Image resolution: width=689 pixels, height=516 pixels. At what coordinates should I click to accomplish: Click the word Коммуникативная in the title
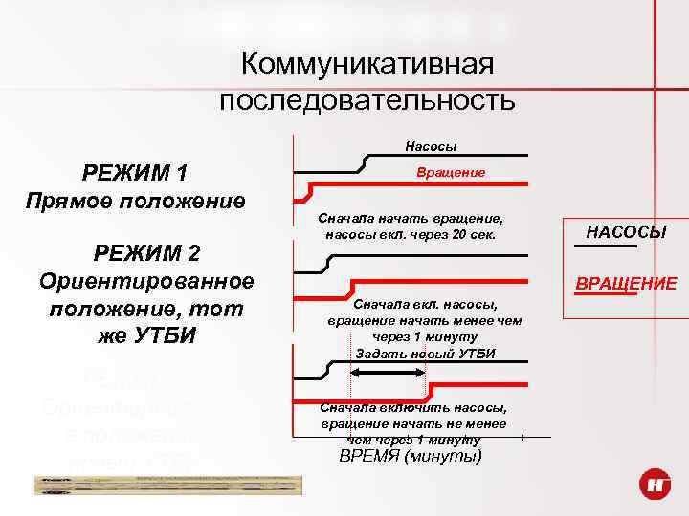[x=367, y=65]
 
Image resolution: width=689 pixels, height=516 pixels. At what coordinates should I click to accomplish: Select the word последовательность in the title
[x=367, y=99]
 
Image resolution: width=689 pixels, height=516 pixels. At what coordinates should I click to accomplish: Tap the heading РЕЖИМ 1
[x=135, y=173]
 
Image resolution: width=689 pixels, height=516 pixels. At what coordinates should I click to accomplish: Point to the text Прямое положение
[x=135, y=202]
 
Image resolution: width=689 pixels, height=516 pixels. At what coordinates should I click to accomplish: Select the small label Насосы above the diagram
[x=431, y=146]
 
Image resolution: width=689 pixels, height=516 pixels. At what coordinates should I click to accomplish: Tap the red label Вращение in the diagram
[x=451, y=172]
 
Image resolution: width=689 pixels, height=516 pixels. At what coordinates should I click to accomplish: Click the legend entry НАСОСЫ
[x=626, y=232]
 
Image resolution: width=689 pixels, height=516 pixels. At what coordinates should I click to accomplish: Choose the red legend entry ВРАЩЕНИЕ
[x=626, y=283]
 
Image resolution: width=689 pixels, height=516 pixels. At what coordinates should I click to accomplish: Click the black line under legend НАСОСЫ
[x=606, y=247]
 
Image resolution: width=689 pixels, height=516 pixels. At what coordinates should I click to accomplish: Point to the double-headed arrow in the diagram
[x=393, y=374]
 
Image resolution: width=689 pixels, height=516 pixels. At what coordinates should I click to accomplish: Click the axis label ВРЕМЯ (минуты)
[x=411, y=455]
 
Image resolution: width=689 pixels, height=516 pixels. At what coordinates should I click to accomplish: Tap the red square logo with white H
[x=656, y=487]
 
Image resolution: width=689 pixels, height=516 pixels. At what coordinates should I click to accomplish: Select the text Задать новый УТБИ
[x=425, y=353]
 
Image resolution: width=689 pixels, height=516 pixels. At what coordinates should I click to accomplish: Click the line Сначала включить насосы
[x=413, y=407]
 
